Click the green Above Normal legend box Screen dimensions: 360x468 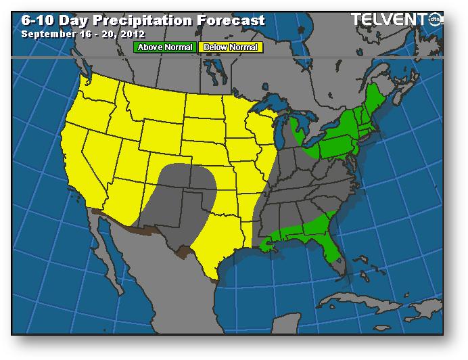point(165,47)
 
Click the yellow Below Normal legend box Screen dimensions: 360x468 point(230,47)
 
